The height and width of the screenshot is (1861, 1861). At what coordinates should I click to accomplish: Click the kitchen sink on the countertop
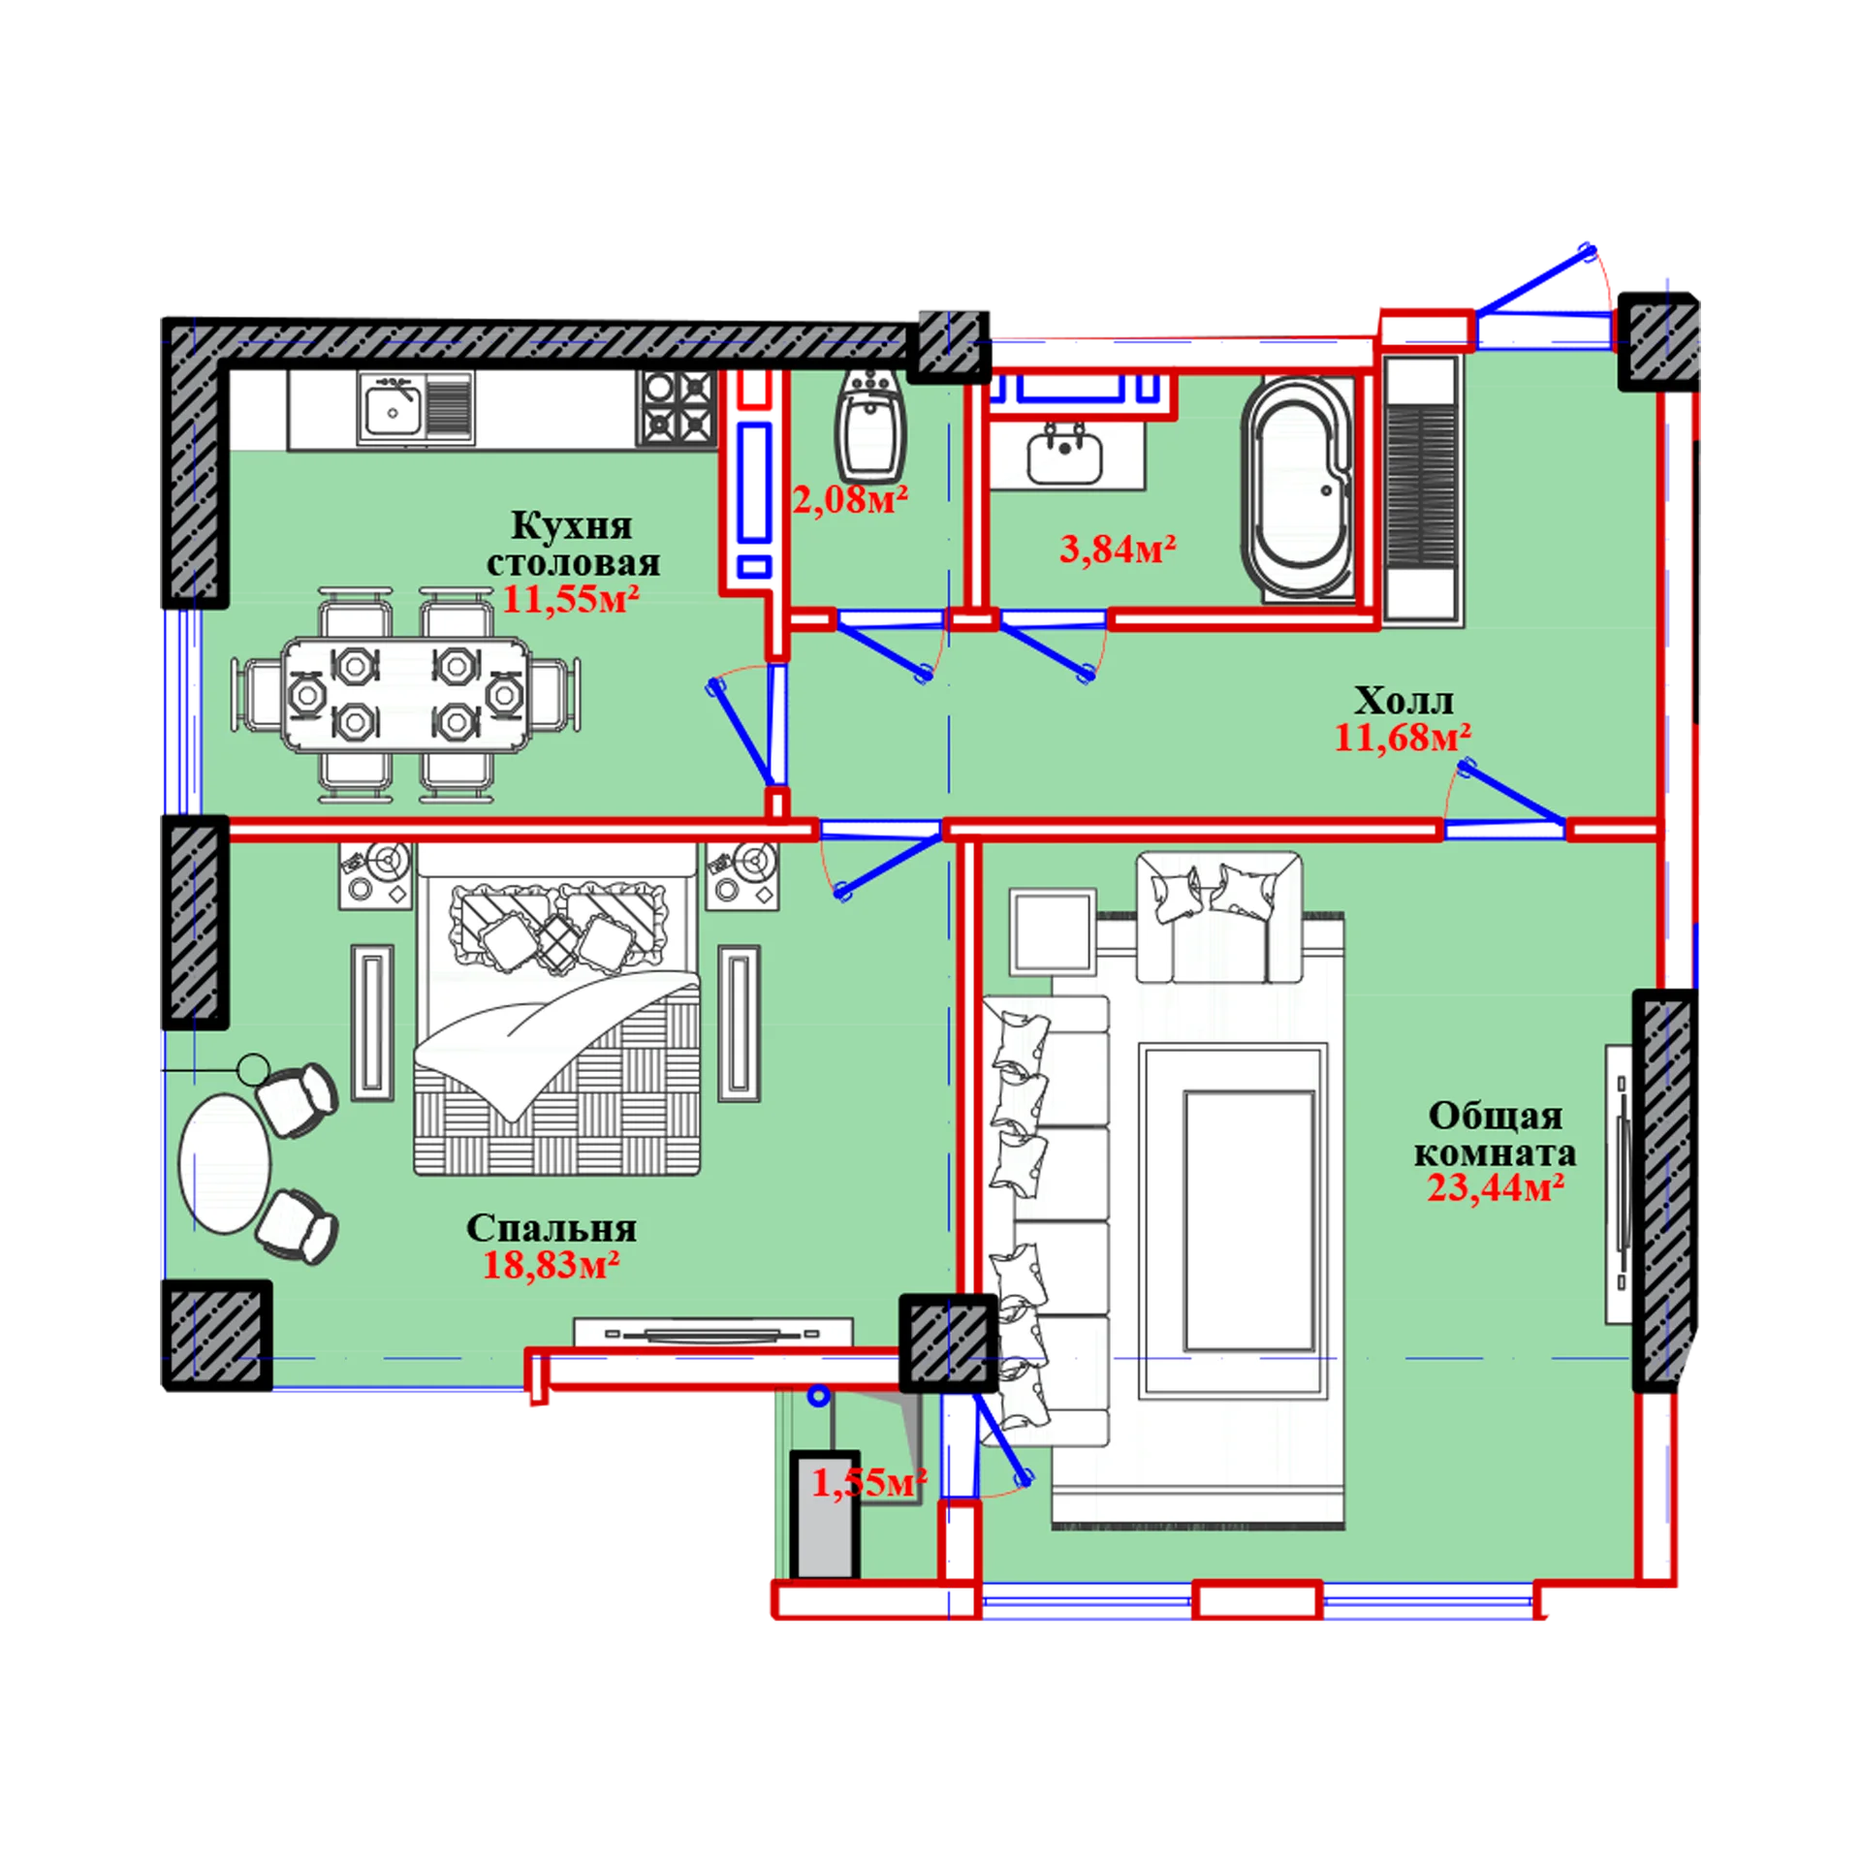(416, 408)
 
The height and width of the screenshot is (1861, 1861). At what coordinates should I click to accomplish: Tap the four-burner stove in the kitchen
(677, 408)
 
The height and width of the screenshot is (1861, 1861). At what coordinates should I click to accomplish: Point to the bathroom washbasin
(1064, 456)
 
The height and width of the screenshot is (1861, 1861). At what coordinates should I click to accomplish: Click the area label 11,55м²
(571, 599)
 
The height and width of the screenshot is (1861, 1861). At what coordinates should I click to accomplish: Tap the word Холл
(1403, 700)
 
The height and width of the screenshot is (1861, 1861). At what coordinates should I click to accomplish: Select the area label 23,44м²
(1496, 1187)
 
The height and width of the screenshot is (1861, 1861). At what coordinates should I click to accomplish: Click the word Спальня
(552, 1228)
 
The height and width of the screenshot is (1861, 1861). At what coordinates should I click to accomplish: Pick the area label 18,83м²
(552, 1265)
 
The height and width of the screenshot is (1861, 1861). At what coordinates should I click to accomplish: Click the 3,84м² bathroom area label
(1118, 550)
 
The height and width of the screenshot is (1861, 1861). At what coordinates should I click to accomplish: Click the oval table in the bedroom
(225, 1163)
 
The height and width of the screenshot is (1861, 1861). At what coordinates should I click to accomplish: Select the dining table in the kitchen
(406, 694)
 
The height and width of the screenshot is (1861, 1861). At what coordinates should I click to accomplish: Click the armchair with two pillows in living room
(1218, 917)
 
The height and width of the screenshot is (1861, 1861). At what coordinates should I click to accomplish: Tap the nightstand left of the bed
(375, 876)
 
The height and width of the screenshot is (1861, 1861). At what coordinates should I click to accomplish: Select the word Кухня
(571, 525)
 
